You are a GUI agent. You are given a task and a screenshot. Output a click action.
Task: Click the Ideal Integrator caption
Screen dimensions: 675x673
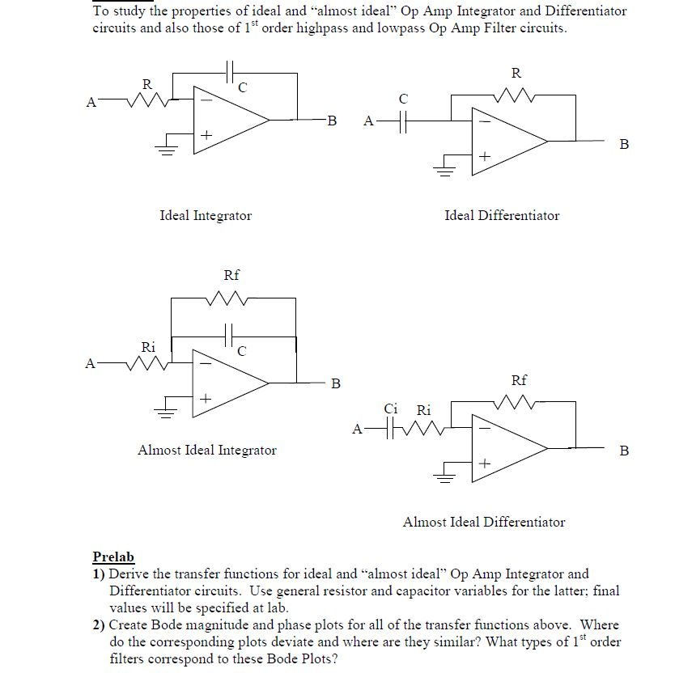(x=206, y=215)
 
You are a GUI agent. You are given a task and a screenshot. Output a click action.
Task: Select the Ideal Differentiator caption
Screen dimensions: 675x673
(x=502, y=215)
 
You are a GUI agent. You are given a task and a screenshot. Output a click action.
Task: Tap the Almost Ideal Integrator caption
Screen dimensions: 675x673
(x=207, y=450)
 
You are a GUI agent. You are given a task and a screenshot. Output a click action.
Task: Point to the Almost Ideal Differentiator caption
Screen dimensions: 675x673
(x=484, y=522)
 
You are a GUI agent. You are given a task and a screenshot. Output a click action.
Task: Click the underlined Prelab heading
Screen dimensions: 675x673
(x=113, y=557)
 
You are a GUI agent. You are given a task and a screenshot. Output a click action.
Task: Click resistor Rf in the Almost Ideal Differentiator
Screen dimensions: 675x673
(x=519, y=400)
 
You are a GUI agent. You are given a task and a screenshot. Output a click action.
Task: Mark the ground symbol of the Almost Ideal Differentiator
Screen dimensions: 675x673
(x=444, y=477)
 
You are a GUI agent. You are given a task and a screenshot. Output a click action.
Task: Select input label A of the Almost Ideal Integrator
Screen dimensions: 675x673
(x=91, y=363)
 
